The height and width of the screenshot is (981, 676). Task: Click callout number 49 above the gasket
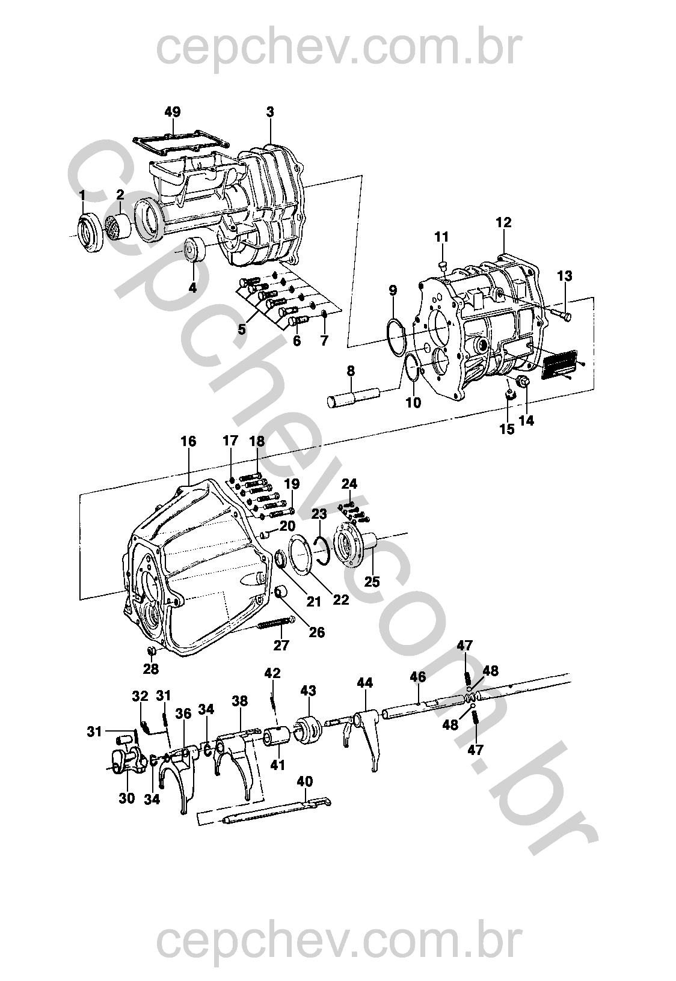(172, 112)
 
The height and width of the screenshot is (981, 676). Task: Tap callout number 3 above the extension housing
(270, 112)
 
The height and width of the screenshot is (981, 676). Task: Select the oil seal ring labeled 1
(90, 231)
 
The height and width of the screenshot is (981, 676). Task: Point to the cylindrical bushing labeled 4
(195, 249)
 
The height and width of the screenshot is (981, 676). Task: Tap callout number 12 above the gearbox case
(504, 222)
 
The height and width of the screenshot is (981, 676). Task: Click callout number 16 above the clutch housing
(188, 441)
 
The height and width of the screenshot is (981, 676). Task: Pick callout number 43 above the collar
(309, 691)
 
